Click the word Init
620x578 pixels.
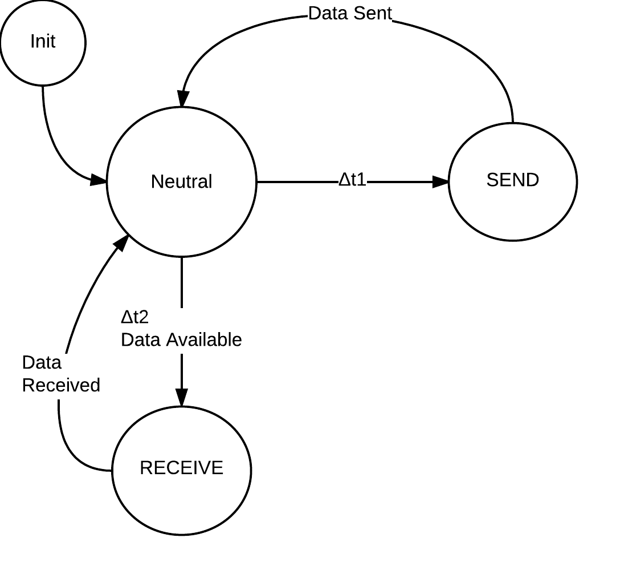coord(43,42)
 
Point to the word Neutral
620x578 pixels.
coord(181,181)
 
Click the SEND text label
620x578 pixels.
coord(512,180)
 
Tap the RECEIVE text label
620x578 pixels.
coord(181,468)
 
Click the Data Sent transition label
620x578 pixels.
coord(350,13)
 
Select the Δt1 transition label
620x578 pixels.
coord(352,180)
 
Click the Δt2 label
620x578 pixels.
coord(134,317)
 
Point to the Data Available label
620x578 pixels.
coord(181,339)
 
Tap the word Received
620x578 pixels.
coord(61,385)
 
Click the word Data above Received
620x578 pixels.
coord(42,363)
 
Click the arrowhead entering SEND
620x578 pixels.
coord(440,181)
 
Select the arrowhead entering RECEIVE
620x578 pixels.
coord(182,398)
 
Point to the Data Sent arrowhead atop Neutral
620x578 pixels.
coord(183,99)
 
